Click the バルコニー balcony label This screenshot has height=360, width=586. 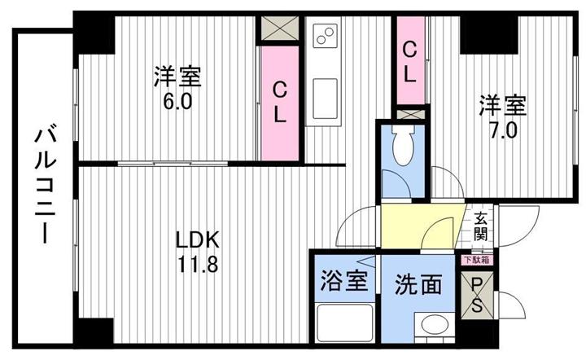click(x=46, y=186)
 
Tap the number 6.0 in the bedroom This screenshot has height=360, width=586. click(x=177, y=102)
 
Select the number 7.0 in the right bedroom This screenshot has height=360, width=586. click(x=504, y=131)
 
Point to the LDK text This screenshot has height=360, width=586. click(x=197, y=241)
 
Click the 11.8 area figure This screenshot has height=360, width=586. click(x=198, y=265)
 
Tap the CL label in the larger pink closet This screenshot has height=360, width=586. click(x=279, y=103)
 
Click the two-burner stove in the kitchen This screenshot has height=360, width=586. click(x=325, y=35)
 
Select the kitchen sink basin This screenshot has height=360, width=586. click(x=325, y=99)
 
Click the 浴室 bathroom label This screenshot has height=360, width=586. click(x=344, y=280)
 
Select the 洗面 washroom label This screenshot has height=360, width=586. click(x=418, y=284)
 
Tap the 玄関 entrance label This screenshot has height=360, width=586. click(x=481, y=226)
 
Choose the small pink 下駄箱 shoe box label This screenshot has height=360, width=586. click(x=477, y=260)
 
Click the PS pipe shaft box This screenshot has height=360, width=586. click(x=477, y=296)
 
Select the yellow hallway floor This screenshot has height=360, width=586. click(x=419, y=226)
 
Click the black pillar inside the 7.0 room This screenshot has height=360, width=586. click(x=488, y=34)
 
